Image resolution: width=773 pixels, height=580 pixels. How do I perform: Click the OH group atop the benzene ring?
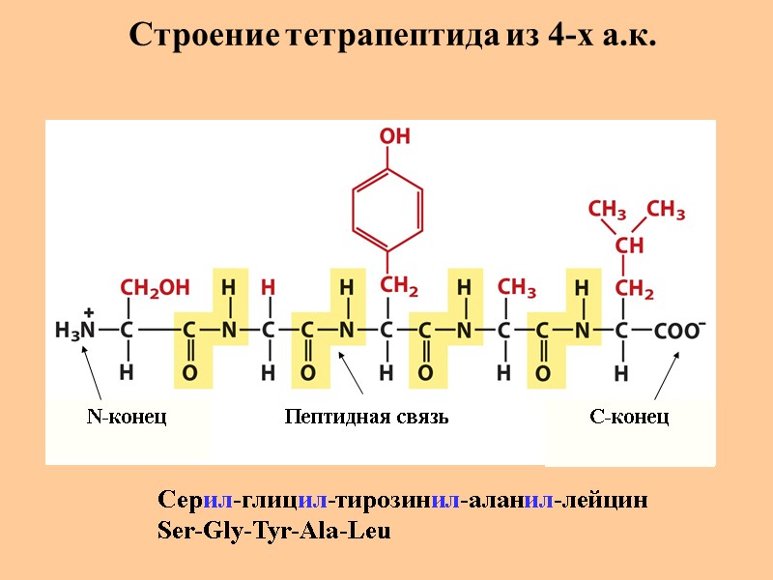[394, 137]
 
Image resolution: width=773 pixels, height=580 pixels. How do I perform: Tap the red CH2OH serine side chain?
[155, 287]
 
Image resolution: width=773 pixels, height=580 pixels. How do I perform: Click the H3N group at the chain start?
[74, 331]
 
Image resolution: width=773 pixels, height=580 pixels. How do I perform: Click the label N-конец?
[127, 417]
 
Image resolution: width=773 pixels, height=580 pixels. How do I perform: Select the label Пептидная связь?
[367, 417]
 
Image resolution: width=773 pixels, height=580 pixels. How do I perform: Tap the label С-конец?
[629, 417]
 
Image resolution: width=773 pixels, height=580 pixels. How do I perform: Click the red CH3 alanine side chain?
[517, 287]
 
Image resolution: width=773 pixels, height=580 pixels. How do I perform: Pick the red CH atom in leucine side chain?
[629, 246]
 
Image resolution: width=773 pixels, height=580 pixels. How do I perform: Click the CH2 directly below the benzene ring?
[398, 286]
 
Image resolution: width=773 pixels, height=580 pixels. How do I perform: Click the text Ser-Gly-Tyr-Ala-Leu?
[274, 532]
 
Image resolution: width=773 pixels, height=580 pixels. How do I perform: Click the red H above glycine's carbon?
[269, 288]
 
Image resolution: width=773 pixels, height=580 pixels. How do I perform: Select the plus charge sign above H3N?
[88, 312]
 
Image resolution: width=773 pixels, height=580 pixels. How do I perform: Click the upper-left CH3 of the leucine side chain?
[608, 210]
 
